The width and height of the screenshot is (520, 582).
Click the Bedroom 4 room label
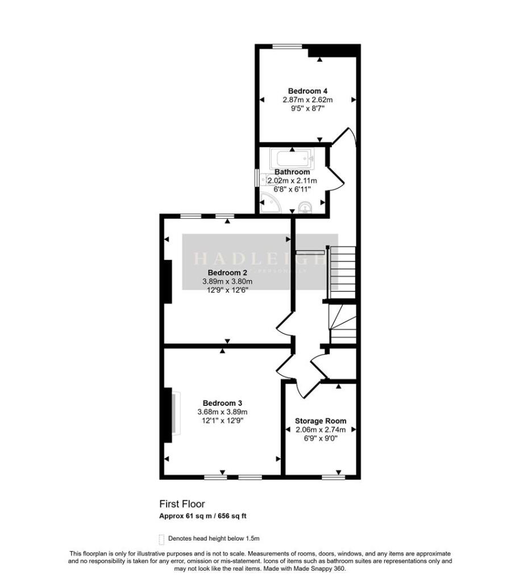307,91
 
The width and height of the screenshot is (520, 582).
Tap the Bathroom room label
292,172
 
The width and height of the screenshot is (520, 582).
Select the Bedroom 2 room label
227,272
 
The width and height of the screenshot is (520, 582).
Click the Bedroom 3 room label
222,403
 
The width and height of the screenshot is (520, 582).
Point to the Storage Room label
321,421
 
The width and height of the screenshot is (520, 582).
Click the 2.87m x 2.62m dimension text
307,99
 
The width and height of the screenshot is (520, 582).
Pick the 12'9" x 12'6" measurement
227,290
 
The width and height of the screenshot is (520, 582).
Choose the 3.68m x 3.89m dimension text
222,412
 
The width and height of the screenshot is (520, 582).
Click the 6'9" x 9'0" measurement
321,439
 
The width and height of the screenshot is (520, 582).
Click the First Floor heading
182,504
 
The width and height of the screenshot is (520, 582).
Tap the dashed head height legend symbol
161,539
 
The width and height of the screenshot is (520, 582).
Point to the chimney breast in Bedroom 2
168,282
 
